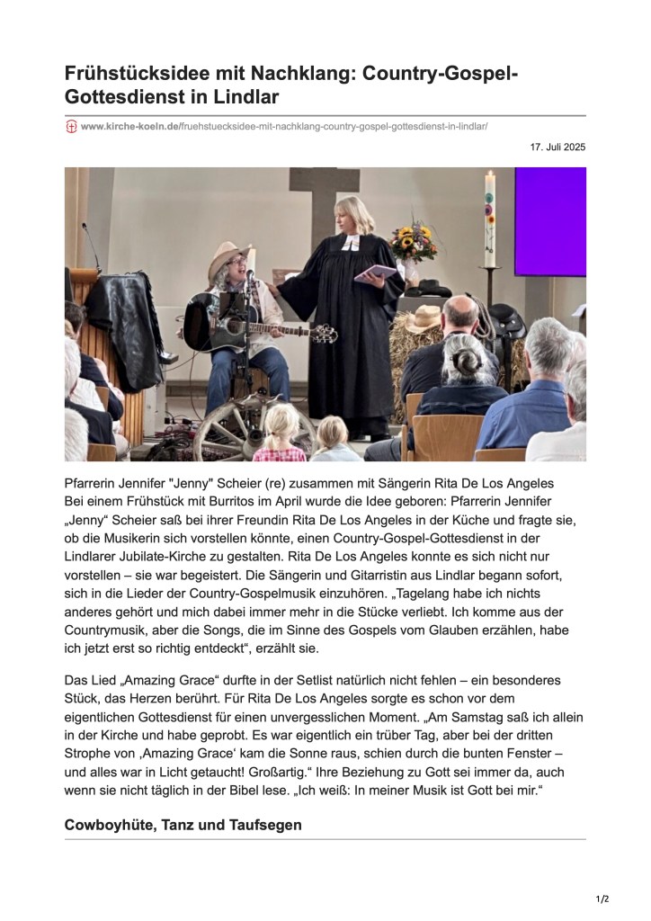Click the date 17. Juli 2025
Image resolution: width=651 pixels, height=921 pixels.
pos(558,147)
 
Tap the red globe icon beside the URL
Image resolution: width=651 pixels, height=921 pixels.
pos(71,127)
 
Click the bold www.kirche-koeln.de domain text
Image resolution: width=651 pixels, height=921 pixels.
pos(129,127)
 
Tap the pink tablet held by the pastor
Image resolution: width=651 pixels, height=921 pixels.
pos(375,273)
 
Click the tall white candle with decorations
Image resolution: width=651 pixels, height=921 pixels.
pos(490,220)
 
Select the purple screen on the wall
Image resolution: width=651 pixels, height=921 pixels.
pos(549,221)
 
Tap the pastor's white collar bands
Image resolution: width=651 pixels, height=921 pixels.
pos(350,244)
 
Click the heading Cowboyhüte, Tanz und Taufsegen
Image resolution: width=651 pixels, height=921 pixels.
pos(183,825)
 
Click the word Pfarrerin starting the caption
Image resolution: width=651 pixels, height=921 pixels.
pos(94,483)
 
